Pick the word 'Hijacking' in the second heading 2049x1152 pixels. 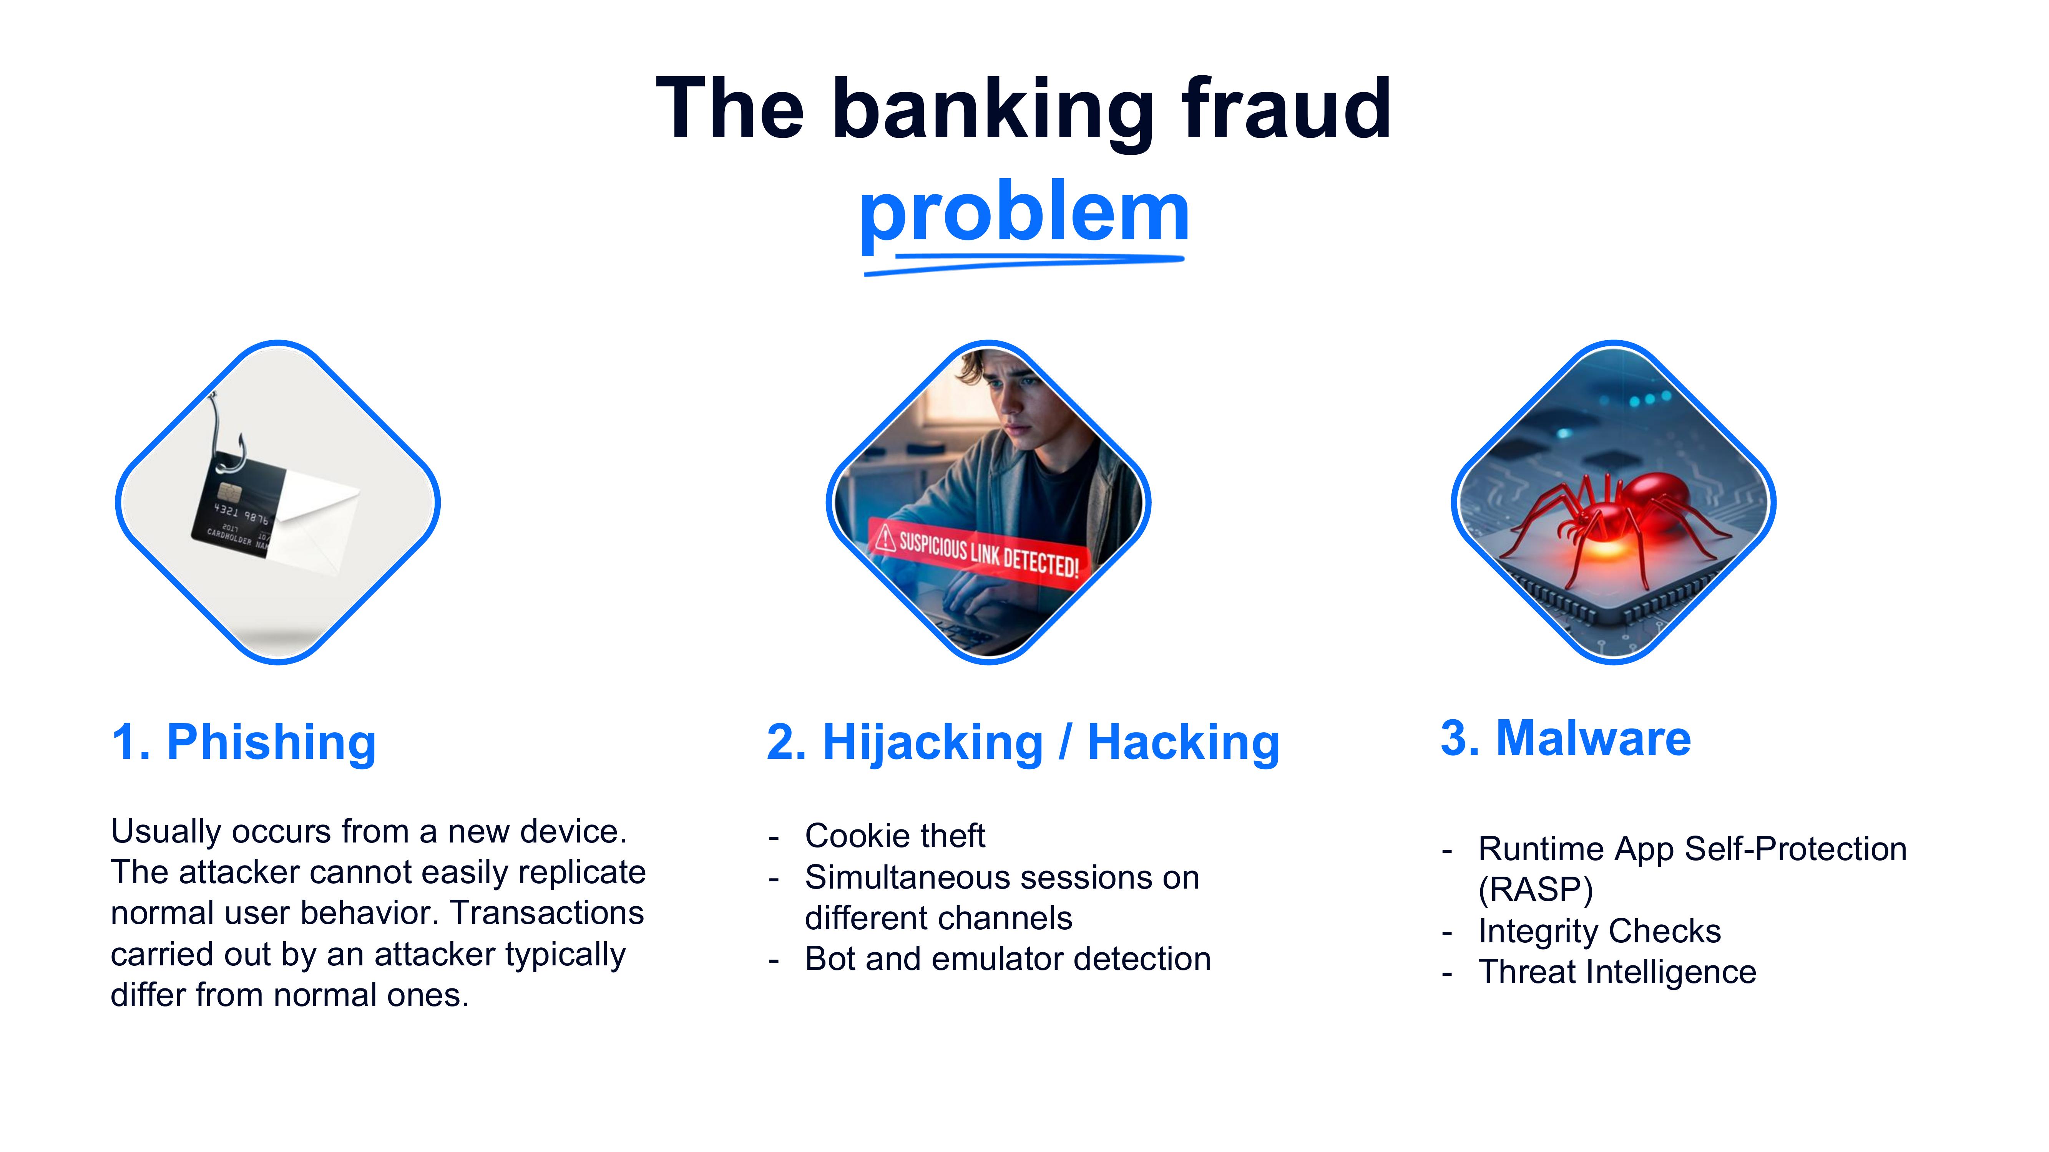tap(932, 743)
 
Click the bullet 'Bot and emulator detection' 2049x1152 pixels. tap(1007, 959)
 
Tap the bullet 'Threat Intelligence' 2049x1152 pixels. tap(1616, 972)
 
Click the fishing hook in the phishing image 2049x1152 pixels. tap(223, 437)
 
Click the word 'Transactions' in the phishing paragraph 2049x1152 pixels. tap(547, 913)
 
